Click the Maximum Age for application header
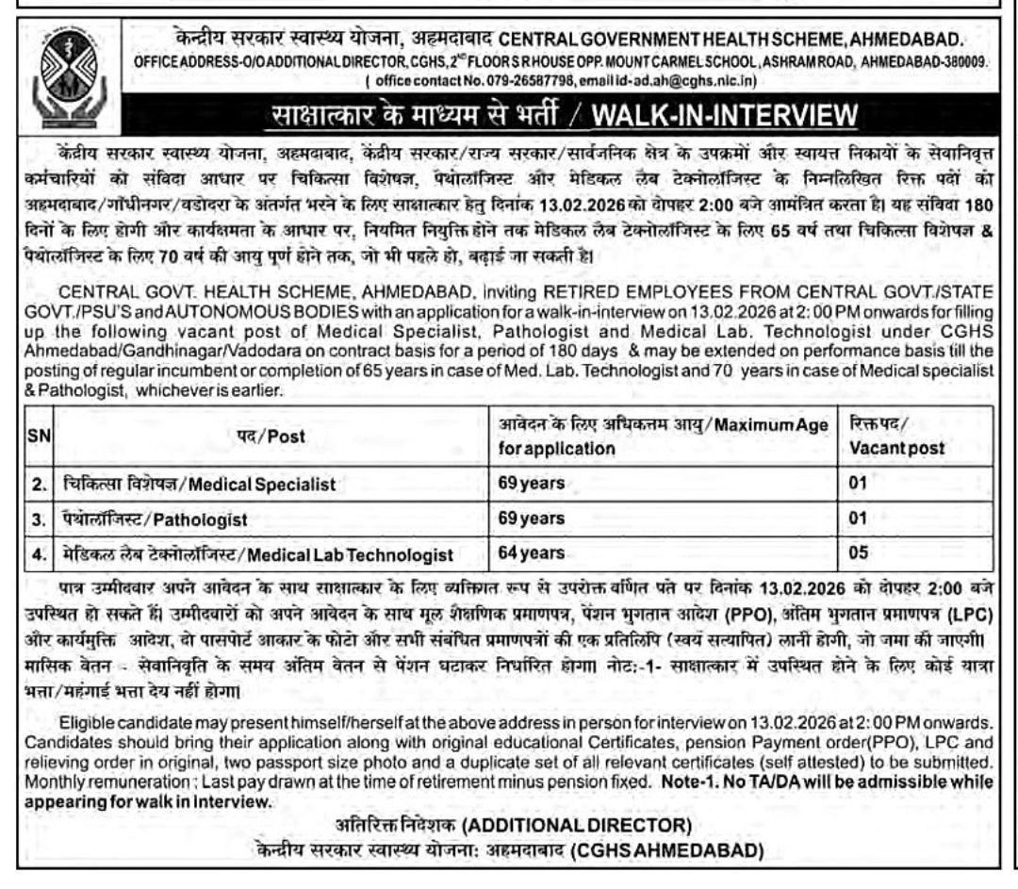(x=663, y=436)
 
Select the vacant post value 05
(x=859, y=553)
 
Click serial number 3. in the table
(x=38, y=519)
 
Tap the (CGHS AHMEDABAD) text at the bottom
(x=666, y=850)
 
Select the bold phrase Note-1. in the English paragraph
(x=682, y=782)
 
